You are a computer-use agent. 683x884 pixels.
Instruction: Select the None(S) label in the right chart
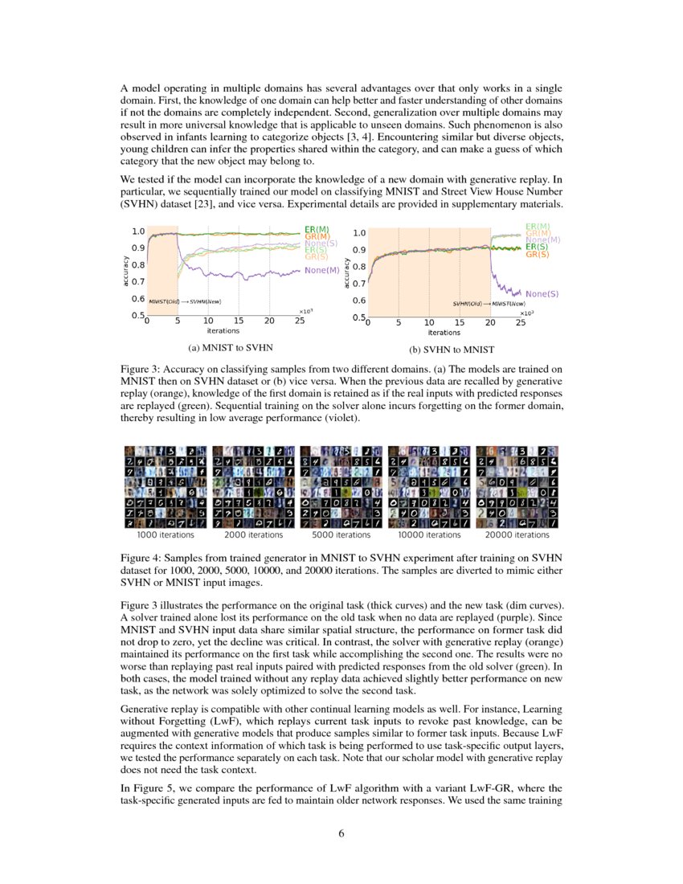(x=542, y=294)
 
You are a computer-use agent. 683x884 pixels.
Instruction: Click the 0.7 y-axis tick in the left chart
(x=138, y=282)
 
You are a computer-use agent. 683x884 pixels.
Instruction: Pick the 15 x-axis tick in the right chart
(x=459, y=323)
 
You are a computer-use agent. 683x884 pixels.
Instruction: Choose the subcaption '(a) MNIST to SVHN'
(x=230, y=349)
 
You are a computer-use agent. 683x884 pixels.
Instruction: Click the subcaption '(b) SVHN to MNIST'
(x=452, y=350)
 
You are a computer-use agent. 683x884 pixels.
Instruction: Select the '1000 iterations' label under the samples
(x=166, y=534)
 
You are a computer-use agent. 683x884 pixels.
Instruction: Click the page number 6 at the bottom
(x=341, y=833)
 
